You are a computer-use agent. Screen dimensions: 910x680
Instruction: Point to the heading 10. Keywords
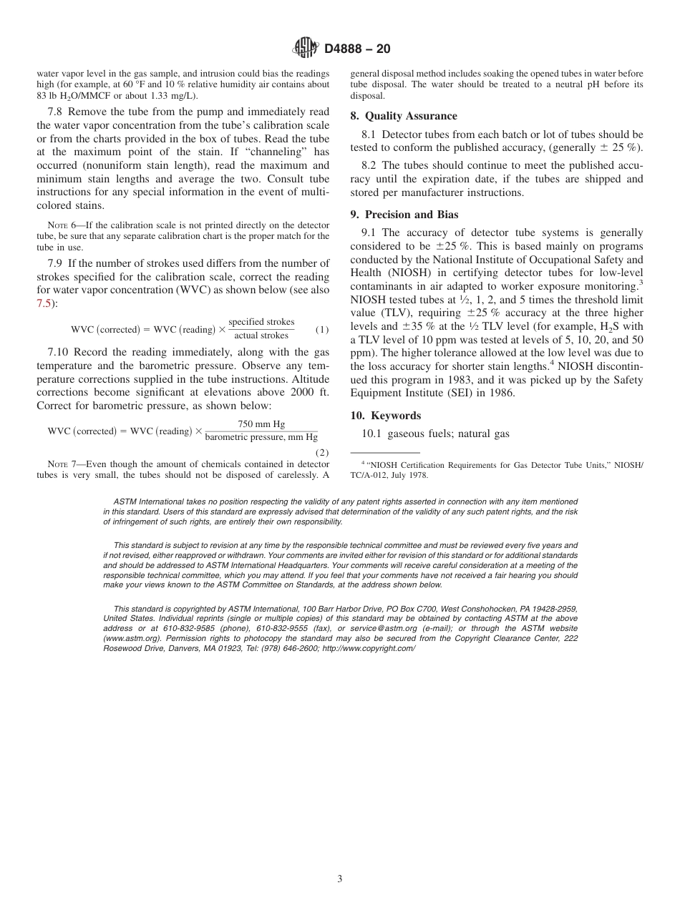(385, 416)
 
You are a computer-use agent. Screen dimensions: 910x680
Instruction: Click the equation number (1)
(322, 330)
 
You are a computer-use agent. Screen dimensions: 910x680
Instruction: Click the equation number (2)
(322, 452)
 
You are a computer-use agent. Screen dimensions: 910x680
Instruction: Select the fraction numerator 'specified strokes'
(261, 323)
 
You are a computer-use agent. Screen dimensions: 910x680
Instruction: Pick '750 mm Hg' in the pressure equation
(261, 424)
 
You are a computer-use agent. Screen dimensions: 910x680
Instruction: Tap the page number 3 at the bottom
(339, 879)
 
